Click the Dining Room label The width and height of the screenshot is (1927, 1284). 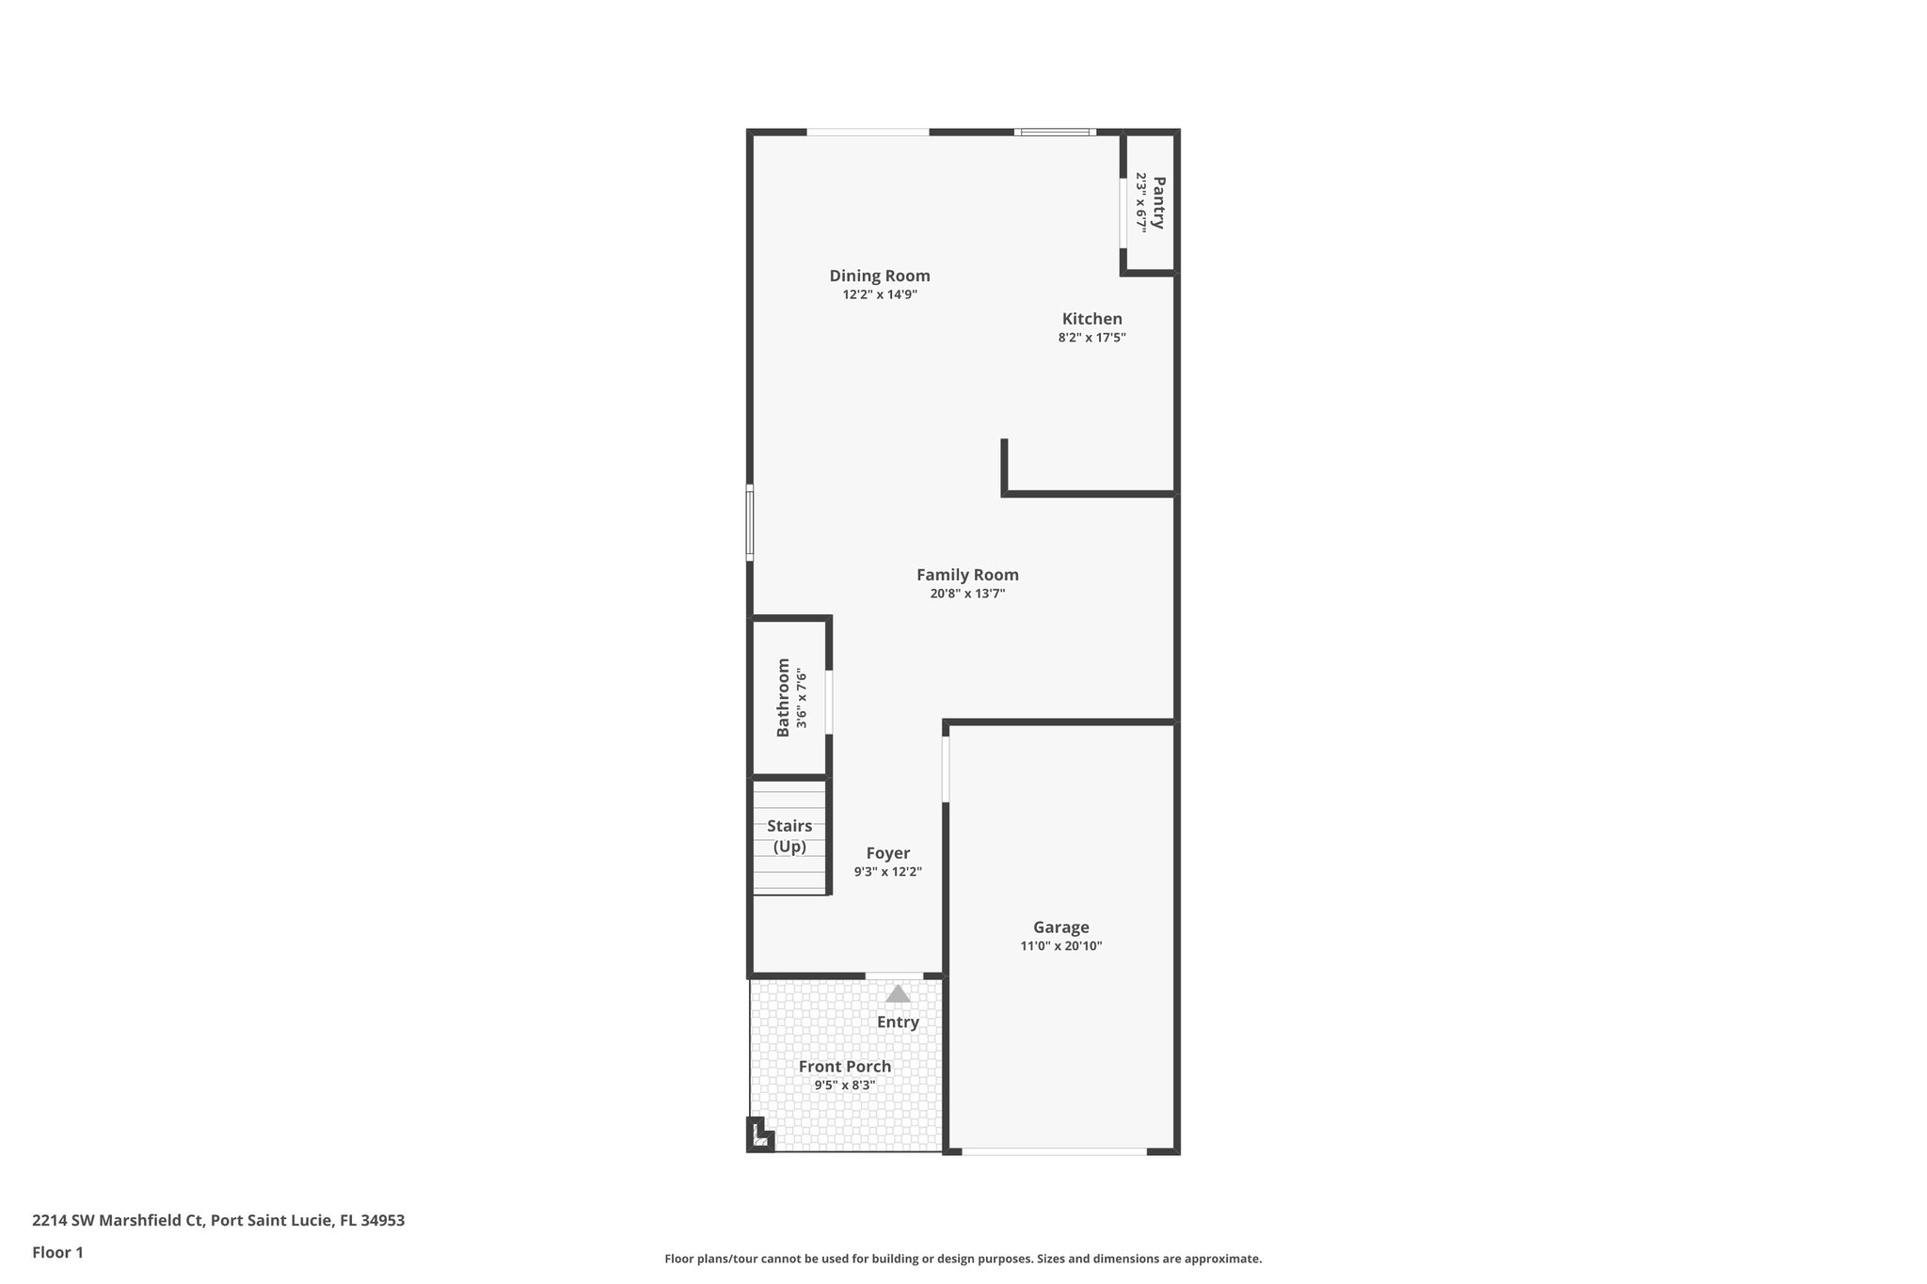[x=879, y=276]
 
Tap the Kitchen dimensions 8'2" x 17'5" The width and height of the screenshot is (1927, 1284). [x=1091, y=337]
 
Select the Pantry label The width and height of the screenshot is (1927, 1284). [x=1158, y=202]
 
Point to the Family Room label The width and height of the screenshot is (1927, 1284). [x=967, y=575]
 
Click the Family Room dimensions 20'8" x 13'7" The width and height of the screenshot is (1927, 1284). [x=967, y=594]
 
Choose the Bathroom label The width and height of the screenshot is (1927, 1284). [x=783, y=697]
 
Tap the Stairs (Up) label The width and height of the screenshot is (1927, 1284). [x=789, y=836]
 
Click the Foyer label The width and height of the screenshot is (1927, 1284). [x=887, y=853]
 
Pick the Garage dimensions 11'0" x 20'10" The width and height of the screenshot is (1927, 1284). [x=1060, y=946]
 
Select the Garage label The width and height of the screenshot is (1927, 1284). [x=1060, y=927]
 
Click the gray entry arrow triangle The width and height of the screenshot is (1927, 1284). [x=898, y=994]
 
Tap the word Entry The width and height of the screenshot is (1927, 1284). [x=898, y=1022]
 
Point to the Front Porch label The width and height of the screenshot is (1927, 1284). [x=844, y=1067]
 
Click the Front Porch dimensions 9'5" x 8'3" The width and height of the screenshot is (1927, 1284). [x=844, y=1086]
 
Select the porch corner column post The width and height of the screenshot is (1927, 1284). [x=758, y=1135]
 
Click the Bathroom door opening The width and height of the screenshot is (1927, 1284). [x=829, y=702]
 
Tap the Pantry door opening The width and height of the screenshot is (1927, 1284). [x=1123, y=213]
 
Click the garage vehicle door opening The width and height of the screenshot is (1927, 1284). [x=1054, y=1150]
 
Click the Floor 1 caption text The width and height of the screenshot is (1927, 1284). [x=57, y=1253]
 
